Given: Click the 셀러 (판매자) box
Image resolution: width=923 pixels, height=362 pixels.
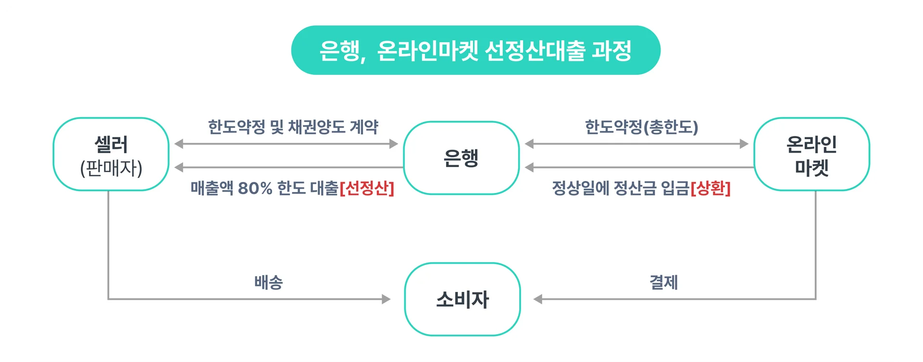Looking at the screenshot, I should tap(111, 154).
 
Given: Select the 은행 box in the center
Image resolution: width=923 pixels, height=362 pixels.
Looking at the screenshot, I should tap(461, 158).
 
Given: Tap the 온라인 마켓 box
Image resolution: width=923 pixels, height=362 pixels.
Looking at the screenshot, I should tap(811, 154).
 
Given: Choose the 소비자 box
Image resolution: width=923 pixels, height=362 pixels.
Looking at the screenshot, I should tap(462, 299).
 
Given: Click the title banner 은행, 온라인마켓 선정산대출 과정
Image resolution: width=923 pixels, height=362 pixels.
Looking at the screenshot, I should tap(475, 50).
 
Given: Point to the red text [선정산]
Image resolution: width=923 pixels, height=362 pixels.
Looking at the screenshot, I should tap(367, 188).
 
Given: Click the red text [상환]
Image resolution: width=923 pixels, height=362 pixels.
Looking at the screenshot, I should tap(711, 188).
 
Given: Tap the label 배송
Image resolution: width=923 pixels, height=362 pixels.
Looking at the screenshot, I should tap(269, 282).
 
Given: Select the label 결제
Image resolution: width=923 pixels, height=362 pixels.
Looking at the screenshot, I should tap(664, 282).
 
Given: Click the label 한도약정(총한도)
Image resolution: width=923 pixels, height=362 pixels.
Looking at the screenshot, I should tap(641, 127).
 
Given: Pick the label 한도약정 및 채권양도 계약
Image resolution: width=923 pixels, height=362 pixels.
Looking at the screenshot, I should tap(293, 127).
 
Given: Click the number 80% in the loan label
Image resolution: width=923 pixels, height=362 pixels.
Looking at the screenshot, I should tap(255, 188).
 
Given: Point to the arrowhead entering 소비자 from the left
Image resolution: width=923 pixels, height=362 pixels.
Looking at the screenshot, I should tap(386, 299).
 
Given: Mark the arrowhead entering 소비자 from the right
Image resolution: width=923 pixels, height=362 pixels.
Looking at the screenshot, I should tap(538, 299).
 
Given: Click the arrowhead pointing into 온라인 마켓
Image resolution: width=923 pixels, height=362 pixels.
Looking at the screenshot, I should tap(744, 144).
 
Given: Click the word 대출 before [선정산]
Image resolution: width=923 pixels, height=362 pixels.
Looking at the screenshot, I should tap(324, 188).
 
